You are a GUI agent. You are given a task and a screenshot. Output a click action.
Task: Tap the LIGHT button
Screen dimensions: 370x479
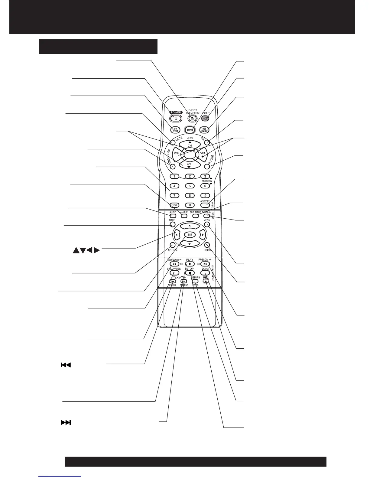206,118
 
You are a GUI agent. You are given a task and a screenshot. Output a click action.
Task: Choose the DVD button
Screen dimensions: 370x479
190,130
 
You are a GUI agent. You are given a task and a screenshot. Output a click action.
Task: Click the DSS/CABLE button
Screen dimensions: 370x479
205,130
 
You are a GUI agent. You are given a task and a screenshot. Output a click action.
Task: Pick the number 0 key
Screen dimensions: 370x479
190,205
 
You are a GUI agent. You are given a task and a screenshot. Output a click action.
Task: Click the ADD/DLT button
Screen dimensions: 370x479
205,205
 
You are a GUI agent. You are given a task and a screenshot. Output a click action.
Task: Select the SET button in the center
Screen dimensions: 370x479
190,235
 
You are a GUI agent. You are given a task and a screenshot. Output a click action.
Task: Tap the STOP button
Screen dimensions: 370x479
190,273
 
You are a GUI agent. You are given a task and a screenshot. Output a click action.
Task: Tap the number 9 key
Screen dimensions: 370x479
205,196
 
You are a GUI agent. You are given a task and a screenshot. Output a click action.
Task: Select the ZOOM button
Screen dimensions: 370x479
205,273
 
